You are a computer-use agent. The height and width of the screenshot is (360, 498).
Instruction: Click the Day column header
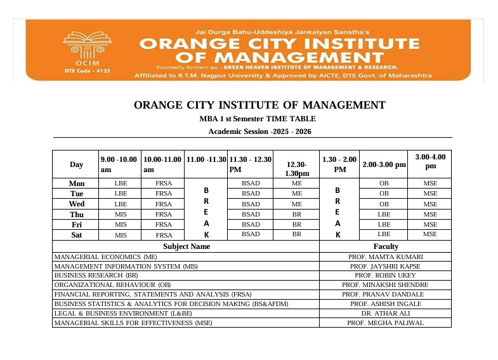76,165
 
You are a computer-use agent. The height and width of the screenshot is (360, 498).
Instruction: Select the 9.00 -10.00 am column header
119,164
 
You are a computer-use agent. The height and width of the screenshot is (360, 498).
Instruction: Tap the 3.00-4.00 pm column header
430,161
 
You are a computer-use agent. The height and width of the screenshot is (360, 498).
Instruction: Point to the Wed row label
76,204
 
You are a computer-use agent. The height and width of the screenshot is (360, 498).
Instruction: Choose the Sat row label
76,234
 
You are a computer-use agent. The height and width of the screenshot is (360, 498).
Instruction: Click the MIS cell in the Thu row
121,214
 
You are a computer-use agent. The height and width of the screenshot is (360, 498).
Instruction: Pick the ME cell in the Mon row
296,183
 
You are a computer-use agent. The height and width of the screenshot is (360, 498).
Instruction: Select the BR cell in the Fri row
296,224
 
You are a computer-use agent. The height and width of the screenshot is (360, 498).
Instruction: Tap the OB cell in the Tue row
383,194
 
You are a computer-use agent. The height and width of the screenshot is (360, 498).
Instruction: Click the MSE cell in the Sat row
430,234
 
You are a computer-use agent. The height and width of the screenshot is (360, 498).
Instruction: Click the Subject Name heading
187,246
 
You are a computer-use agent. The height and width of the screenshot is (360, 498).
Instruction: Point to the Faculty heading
386,246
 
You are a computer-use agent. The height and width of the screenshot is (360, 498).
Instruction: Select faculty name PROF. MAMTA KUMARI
386,257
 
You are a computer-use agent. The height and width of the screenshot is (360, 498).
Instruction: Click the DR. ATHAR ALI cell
386,313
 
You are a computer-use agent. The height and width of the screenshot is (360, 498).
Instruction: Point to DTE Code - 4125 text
87,71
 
